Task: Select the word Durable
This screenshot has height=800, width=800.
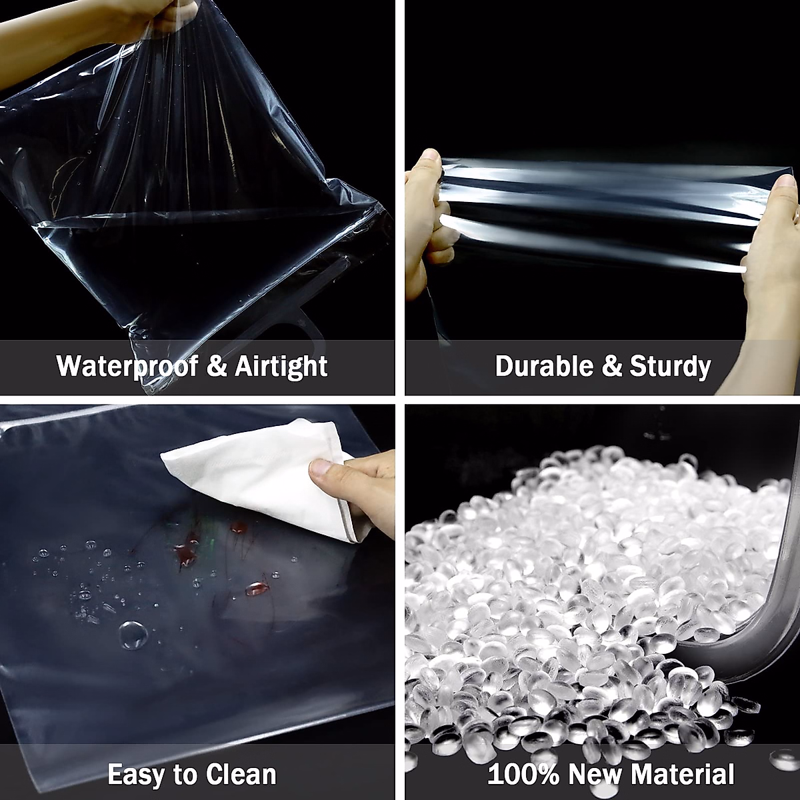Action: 545,366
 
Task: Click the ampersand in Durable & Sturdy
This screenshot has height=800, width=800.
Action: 612,366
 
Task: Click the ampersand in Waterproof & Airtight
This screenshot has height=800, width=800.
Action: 216,366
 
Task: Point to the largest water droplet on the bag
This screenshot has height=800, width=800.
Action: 133,635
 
